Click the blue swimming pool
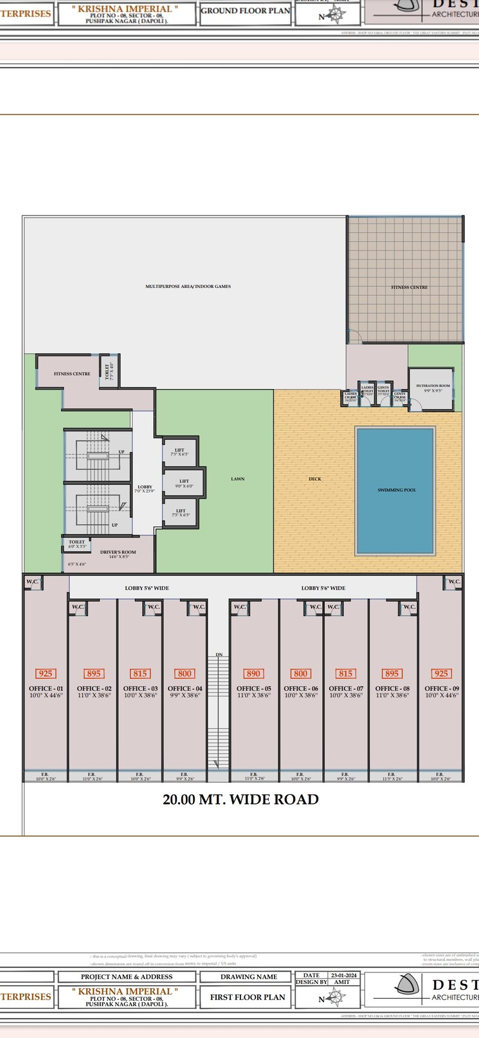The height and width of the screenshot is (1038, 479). pyautogui.click(x=395, y=491)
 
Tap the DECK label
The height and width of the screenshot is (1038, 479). pyautogui.click(x=315, y=479)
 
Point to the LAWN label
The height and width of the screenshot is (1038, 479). pyautogui.click(x=238, y=479)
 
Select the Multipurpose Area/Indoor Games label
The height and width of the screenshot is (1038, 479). pyautogui.click(x=188, y=286)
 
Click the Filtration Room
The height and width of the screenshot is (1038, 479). pyautogui.click(x=431, y=388)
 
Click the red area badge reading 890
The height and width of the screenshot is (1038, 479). pyautogui.click(x=253, y=673)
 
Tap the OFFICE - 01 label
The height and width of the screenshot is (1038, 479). pyautogui.click(x=46, y=689)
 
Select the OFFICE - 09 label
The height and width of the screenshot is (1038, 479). pyautogui.click(x=442, y=689)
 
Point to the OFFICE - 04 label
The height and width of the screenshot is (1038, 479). pyautogui.click(x=185, y=689)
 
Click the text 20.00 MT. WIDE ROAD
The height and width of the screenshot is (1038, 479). pyautogui.click(x=240, y=799)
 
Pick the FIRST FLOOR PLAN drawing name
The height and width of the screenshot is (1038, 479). pyautogui.click(x=248, y=997)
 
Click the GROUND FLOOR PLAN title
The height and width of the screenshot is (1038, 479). pyautogui.click(x=246, y=11)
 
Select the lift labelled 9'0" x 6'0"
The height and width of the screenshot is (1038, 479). pyautogui.click(x=185, y=483)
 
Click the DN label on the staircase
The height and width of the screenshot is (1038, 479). pyautogui.click(x=219, y=655)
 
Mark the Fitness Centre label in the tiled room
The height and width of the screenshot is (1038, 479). pyautogui.click(x=409, y=287)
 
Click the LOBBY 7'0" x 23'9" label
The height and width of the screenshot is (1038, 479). pyautogui.click(x=145, y=489)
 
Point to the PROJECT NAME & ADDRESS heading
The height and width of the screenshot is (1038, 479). pyautogui.click(x=126, y=977)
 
